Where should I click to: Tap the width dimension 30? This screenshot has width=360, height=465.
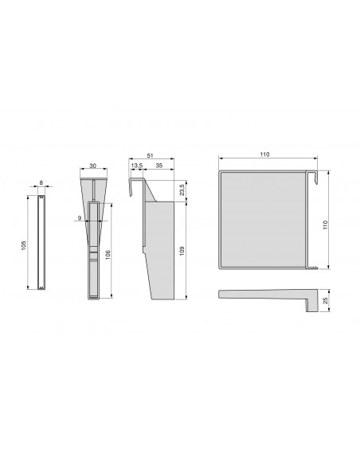[95, 166]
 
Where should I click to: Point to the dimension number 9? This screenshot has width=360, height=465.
[80, 217]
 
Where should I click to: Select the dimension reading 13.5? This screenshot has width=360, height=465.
[137, 166]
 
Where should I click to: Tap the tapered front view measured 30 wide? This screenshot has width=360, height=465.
[95, 239]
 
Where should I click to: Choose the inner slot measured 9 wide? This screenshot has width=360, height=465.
[94, 247]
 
